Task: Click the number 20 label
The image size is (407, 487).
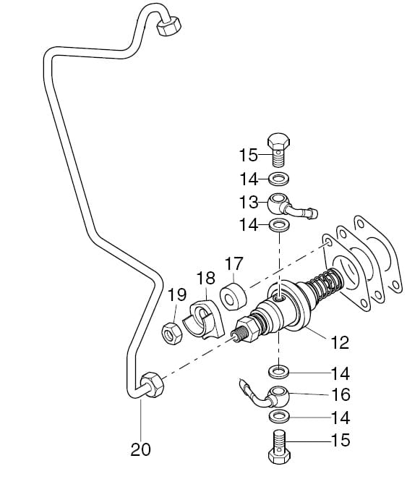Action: [x=140, y=449]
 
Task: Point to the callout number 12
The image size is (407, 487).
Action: [x=340, y=342]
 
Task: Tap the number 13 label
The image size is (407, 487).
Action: [x=249, y=202]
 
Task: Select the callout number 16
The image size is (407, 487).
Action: [x=340, y=395]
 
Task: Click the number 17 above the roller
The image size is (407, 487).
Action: [x=234, y=263]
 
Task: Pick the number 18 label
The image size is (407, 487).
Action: [x=206, y=278]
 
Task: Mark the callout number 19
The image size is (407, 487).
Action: [x=177, y=295]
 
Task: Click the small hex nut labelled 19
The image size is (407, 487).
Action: [x=172, y=333]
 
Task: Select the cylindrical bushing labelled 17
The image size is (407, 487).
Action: [x=234, y=296]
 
